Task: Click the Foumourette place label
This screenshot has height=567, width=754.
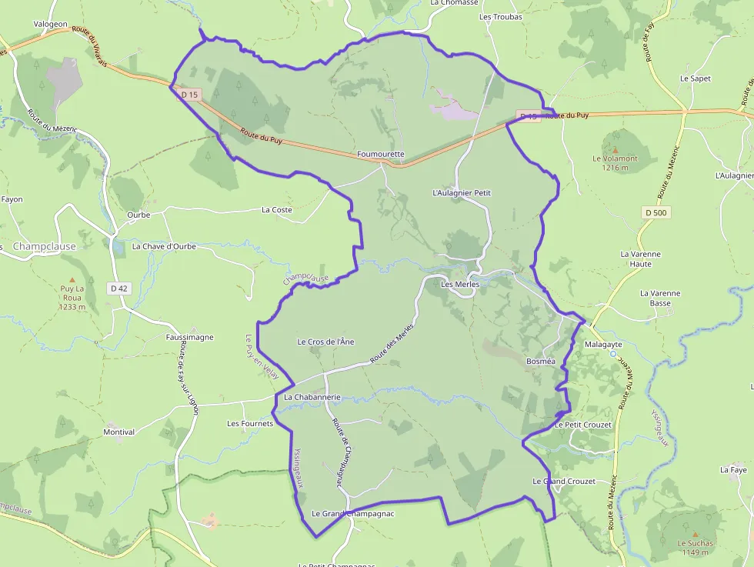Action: tap(381, 154)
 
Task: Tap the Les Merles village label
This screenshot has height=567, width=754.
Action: tap(460, 284)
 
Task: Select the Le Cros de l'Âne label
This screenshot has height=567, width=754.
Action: tap(325, 342)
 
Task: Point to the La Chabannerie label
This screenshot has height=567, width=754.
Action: tap(312, 397)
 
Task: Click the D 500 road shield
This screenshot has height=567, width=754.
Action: tap(655, 212)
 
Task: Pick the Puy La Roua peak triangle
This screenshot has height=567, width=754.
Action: tap(72, 280)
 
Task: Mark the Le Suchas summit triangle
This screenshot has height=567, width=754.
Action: tap(696, 534)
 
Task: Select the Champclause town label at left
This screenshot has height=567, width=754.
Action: tap(45, 246)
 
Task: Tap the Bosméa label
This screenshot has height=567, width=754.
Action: tap(540, 361)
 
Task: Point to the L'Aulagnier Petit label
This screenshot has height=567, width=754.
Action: tap(462, 192)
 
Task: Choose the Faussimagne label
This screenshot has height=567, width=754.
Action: tap(189, 337)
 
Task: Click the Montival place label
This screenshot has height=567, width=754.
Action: tap(118, 432)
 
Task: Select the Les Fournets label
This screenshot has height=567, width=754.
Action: tap(250, 424)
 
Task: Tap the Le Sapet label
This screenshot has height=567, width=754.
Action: tap(695, 78)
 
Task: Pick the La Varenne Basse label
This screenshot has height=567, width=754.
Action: tap(660, 298)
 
